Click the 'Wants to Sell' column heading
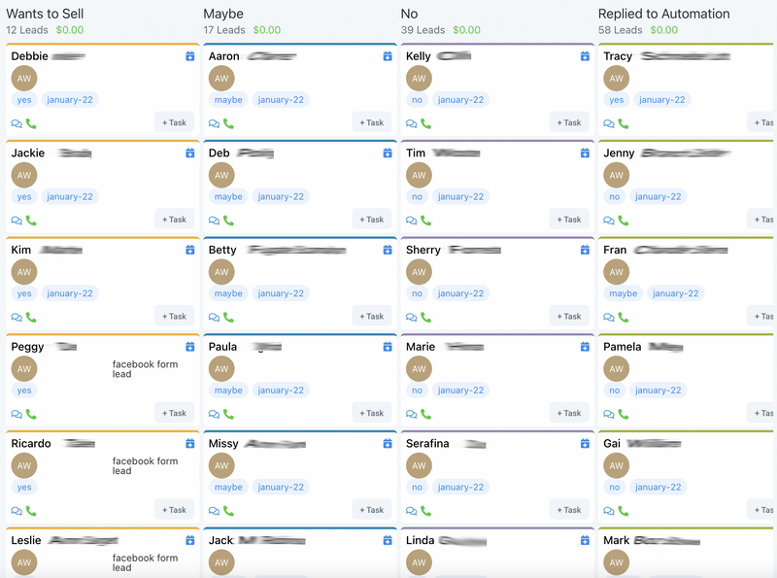tap(47, 14)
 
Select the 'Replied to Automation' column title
tap(663, 14)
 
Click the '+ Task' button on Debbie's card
tap(174, 122)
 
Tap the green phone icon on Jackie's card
tap(31, 221)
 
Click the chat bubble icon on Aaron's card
tap(214, 123)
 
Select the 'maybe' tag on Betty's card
tap(228, 293)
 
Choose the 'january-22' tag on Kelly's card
tap(459, 99)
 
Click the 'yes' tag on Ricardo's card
tap(24, 487)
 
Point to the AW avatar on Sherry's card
tap(419, 272)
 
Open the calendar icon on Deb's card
tap(387, 153)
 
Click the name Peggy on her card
tap(27, 347)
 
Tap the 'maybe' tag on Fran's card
tap(623, 293)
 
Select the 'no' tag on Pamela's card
tap(615, 391)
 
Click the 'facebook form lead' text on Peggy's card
tap(145, 369)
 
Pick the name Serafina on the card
tap(427, 444)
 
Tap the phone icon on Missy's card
tap(228, 511)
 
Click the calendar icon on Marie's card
tap(585, 347)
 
